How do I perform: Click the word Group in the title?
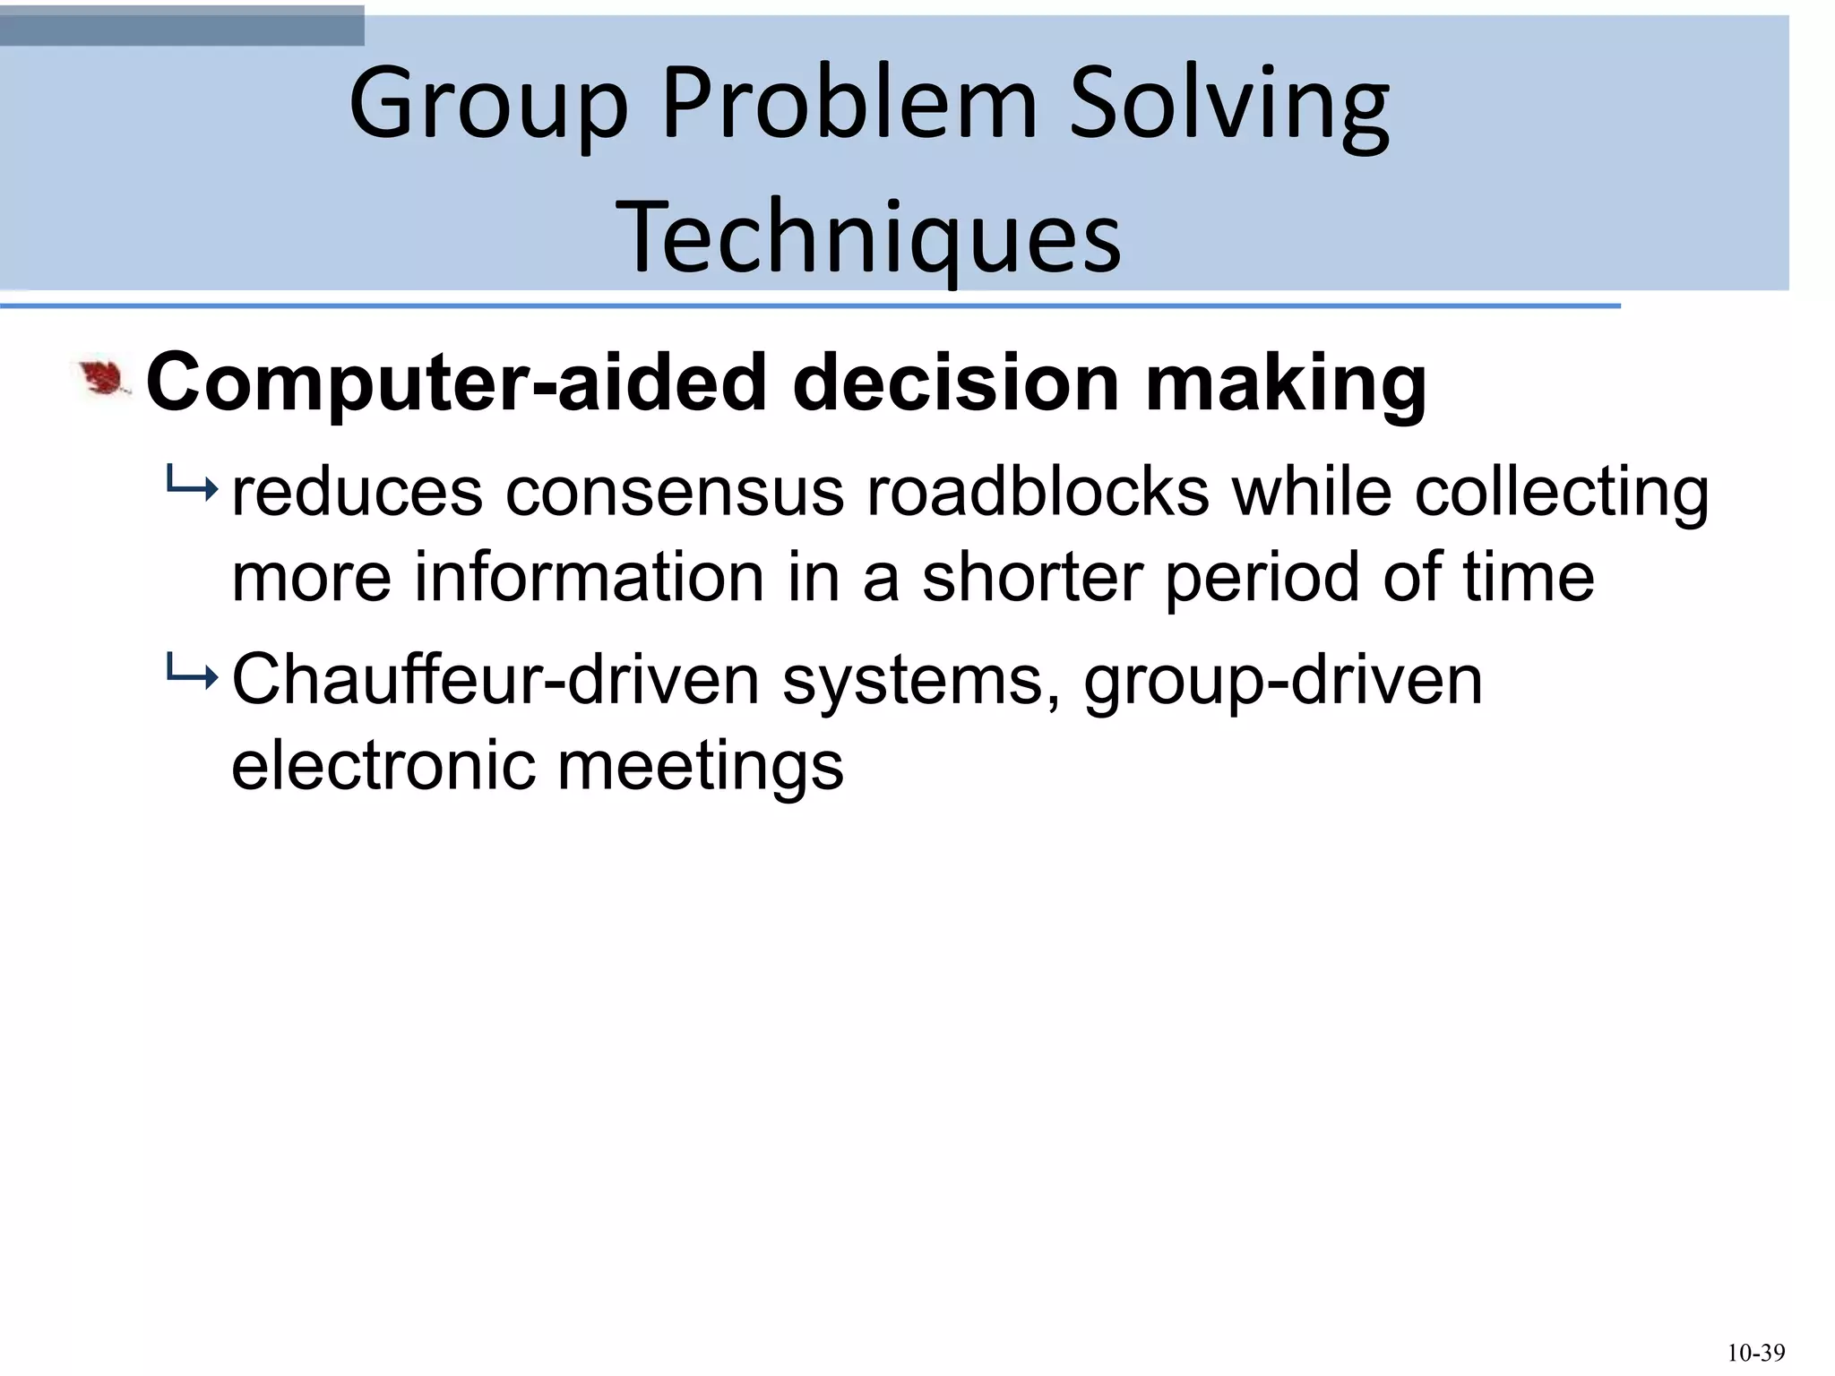coord(488,105)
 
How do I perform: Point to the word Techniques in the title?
coord(868,237)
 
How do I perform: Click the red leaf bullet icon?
coord(104,379)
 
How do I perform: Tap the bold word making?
coord(1286,383)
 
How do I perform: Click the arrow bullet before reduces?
coord(191,489)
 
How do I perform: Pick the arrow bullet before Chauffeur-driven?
coord(191,677)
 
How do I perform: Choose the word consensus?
coord(675,492)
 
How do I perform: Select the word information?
coord(589,577)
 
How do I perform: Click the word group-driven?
coord(1283,680)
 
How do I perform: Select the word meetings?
coord(701,765)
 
